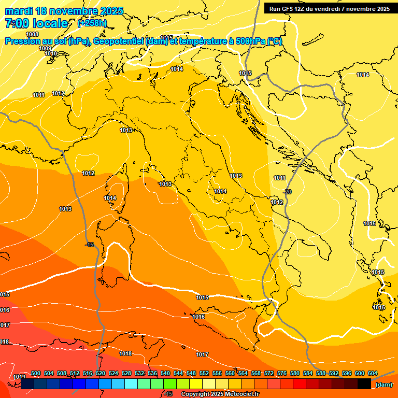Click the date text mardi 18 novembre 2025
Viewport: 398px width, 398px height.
tap(64, 11)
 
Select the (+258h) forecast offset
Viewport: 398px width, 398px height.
tap(92, 23)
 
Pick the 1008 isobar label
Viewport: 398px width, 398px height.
tap(32, 34)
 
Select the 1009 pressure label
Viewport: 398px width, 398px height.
tap(45, 48)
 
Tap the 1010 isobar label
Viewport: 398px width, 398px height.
tap(51, 53)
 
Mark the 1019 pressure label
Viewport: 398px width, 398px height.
tap(19, 377)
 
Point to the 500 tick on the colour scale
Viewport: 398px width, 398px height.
tap(36, 373)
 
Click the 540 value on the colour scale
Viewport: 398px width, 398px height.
tap(165, 373)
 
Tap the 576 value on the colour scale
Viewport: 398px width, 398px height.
tap(282, 373)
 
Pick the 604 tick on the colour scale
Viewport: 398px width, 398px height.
tap(372, 373)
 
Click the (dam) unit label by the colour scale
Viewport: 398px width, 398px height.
tap(383, 384)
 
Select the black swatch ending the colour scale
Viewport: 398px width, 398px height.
tap(364, 384)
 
